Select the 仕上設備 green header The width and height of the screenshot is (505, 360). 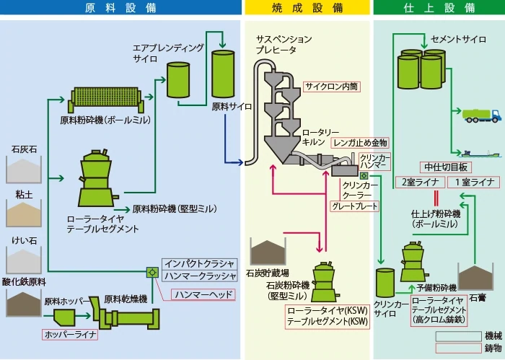[439, 8]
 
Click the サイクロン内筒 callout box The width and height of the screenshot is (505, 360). [331, 86]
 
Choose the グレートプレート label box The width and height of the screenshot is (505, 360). [354, 206]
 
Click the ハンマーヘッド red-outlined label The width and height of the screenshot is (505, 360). [204, 294]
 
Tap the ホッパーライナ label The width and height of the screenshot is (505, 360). [69, 334]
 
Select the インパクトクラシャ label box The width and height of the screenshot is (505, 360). [200, 264]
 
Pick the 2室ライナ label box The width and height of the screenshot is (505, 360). [418, 182]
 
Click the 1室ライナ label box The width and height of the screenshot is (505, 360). [469, 182]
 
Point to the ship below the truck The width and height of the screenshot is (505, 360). [476, 153]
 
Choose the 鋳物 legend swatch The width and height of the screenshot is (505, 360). [458, 348]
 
